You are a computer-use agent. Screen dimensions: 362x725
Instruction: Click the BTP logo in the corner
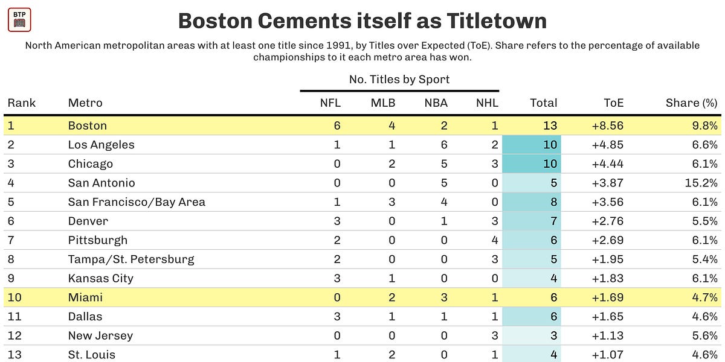19,19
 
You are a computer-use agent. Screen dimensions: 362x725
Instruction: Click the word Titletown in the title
497,21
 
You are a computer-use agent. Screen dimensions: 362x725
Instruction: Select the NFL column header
330,103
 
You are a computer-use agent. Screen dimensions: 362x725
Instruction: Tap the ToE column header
613,103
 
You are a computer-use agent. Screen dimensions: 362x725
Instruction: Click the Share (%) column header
691,103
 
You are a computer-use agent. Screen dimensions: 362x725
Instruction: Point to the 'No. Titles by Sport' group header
399,80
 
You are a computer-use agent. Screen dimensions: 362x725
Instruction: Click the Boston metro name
88,125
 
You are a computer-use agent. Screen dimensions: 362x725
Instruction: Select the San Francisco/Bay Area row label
137,202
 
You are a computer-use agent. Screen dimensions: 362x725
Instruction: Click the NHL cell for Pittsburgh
494,240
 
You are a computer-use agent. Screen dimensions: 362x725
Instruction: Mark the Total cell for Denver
553,221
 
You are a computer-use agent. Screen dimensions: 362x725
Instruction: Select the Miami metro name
85,297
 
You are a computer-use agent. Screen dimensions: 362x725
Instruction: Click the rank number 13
14,355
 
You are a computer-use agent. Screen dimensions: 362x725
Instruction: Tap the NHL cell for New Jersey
494,335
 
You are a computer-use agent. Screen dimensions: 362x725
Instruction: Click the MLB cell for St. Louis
391,355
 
